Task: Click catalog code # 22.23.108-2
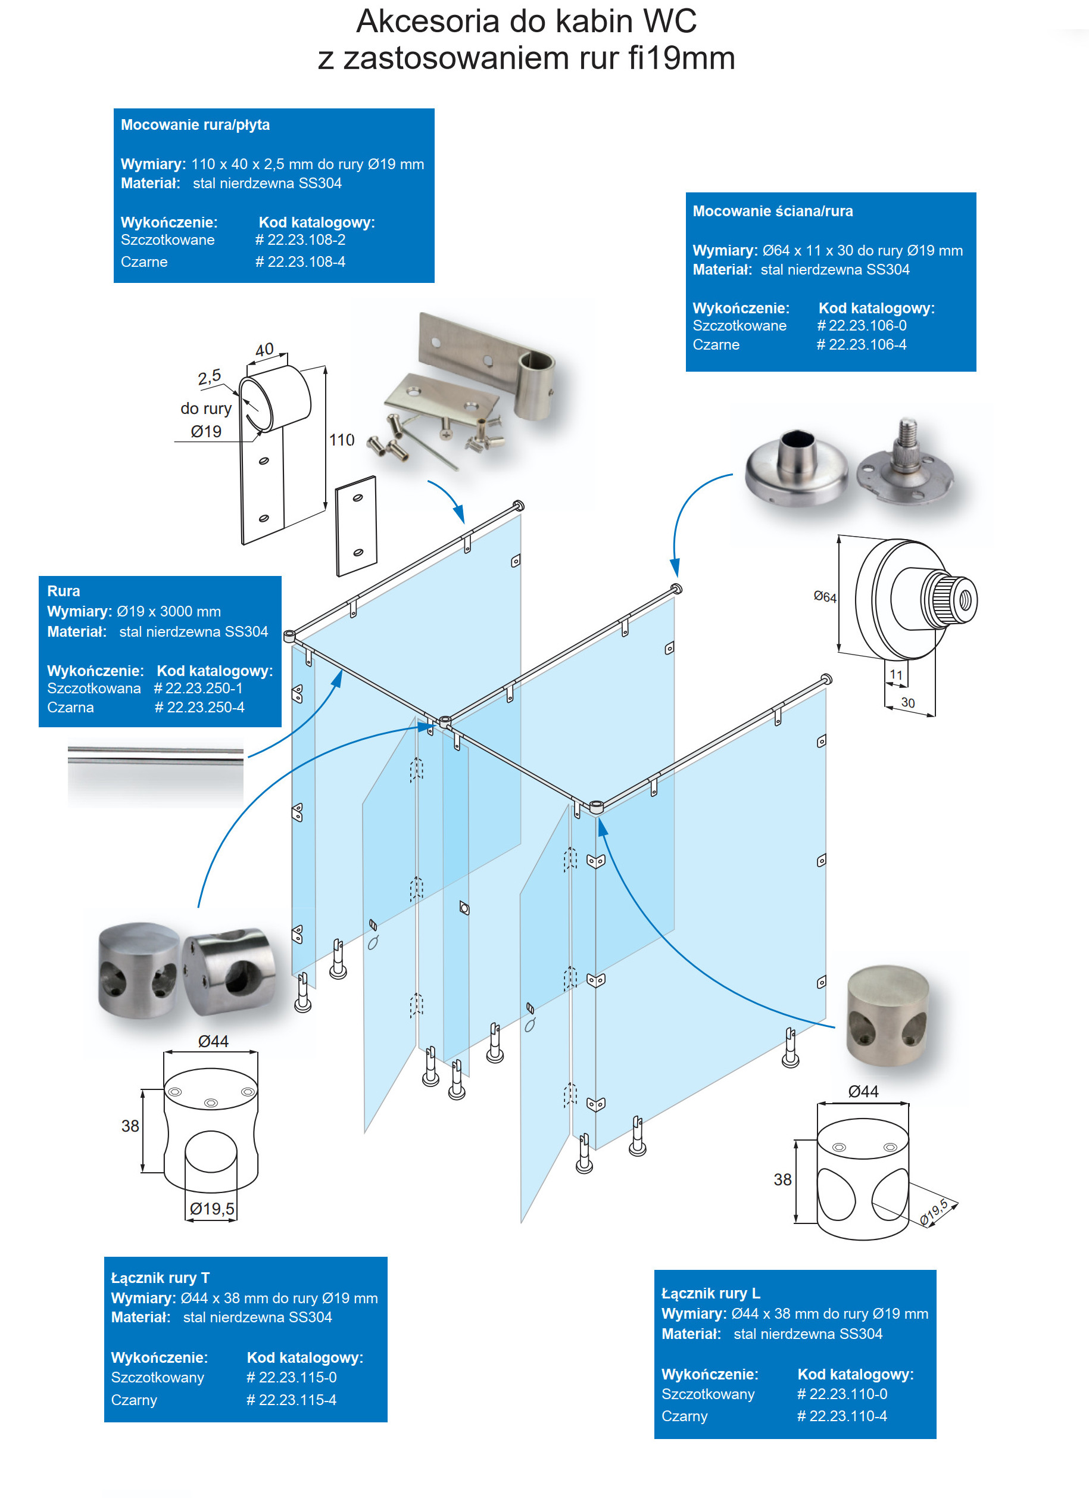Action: [300, 240]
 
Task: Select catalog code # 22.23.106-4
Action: [861, 345]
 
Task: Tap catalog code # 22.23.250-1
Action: [198, 688]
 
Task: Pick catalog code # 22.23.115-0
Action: [291, 1378]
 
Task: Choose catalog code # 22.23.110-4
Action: [842, 1416]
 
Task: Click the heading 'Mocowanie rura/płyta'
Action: [195, 125]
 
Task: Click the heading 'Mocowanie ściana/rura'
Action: [773, 211]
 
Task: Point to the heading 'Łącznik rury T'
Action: [160, 1278]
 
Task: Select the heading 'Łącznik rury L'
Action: [710, 1293]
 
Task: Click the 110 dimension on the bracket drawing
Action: [341, 440]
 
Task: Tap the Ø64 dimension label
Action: [825, 597]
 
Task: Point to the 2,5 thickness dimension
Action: [210, 377]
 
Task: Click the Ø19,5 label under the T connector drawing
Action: [212, 1209]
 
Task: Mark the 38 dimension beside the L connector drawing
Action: [782, 1180]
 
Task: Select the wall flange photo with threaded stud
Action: [906, 462]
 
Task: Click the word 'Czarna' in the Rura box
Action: [70, 708]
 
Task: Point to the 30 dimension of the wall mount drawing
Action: [908, 703]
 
